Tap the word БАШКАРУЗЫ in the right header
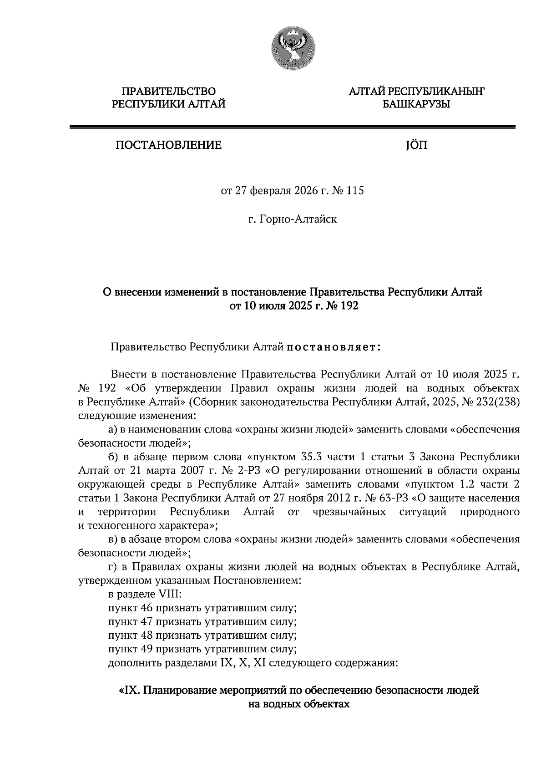(x=416, y=104)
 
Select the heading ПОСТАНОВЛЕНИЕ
(x=168, y=145)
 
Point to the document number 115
(x=355, y=191)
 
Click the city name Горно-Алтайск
(x=298, y=219)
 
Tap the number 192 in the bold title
(x=349, y=306)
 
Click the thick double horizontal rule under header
(x=292, y=127)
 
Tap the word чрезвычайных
(x=349, y=512)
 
